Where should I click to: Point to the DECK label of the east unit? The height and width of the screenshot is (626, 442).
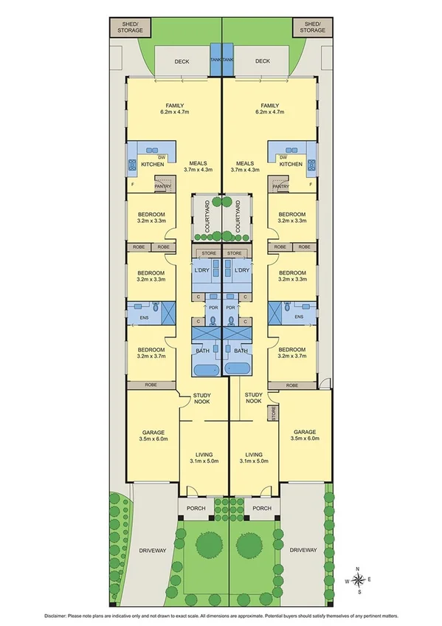tap(262, 62)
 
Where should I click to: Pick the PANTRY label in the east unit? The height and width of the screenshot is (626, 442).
tap(280, 187)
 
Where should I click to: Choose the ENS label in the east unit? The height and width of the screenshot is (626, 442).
tap(298, 318)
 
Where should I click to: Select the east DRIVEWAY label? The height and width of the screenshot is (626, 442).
tap(303, 550)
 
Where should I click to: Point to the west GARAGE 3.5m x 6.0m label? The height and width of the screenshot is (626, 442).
tap(153, 435)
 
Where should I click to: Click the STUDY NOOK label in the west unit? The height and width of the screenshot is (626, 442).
tap(202, 398)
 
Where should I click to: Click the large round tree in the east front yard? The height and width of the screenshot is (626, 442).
tap(249, 545)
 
